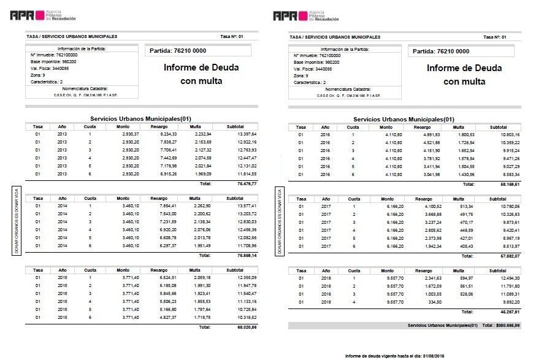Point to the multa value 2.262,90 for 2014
(202, 205)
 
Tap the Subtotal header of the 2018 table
(498, 270)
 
